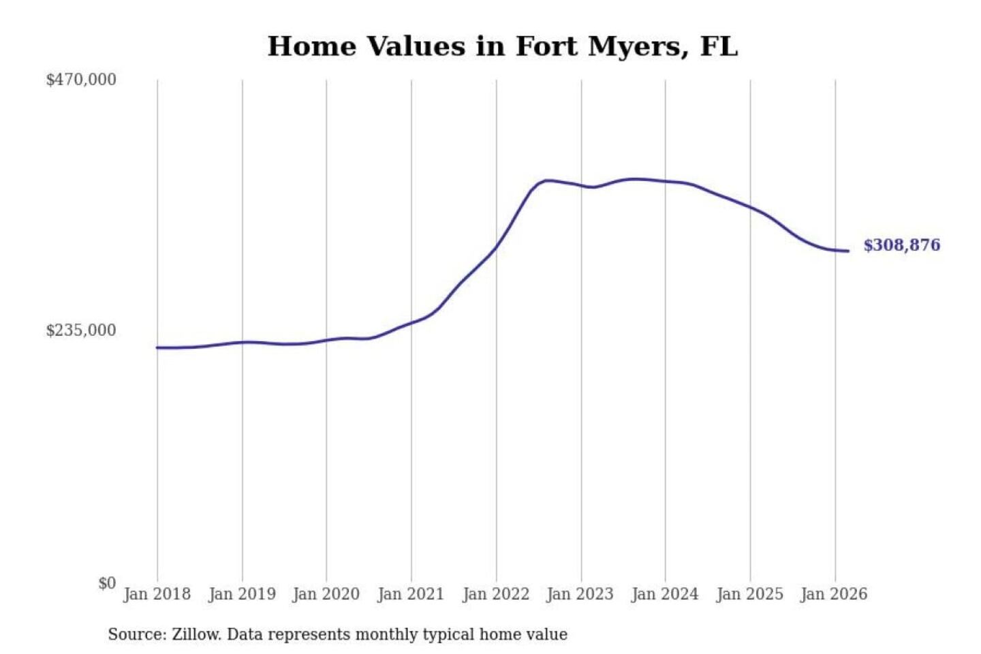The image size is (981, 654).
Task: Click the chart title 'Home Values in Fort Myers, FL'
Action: coord(502,46)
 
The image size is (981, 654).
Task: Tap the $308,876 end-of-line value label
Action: coord(901,245)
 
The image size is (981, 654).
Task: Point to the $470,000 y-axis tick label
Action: coord(81,80)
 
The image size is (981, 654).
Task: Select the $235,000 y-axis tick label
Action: coord(81,330)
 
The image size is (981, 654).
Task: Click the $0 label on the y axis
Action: coord(107,583)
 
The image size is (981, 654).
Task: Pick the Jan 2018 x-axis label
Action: coord(157,594)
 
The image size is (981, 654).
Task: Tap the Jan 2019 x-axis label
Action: coord(242,594)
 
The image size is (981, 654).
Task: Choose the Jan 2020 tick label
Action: coord(326,594)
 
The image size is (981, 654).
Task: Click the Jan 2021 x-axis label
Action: coord(411,594)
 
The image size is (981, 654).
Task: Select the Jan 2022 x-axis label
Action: coord(496,594)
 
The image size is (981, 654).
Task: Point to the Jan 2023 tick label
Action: coord(580,594)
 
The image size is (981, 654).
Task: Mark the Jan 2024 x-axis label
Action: coord(665,594)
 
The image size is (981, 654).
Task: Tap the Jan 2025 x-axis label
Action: coord(750,594)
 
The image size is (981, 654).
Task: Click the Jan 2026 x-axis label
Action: coord(835,594)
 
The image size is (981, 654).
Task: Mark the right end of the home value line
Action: coord(848,251)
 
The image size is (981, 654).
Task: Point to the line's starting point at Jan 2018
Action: coord(157,347)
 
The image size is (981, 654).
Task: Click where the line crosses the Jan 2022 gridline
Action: coord(496,247)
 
